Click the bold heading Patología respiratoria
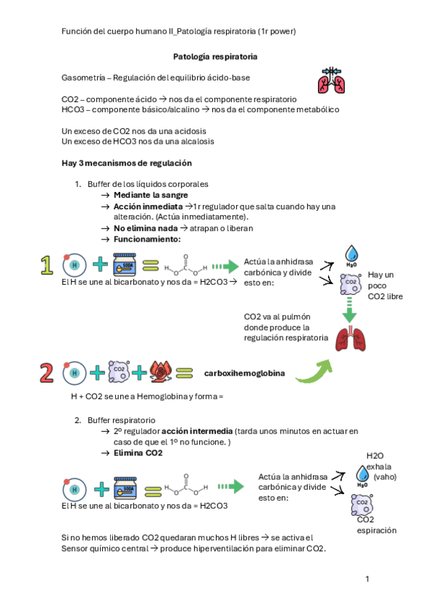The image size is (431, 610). tap(215, 57)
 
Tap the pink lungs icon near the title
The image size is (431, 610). tap(331, 80)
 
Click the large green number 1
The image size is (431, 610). tap(47, 265)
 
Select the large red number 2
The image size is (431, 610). tap(46, 373)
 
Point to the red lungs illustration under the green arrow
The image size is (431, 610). tap(350, 339)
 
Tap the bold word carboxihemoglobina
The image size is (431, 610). tap(245, 373)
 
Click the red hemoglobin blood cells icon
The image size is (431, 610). tap(160, 372)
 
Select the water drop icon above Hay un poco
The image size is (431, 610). tap(351, 255)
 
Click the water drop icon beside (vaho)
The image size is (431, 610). tap(363, 475)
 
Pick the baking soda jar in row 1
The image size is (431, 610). tap(124, 265)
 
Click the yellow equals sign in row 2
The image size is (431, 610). tap(184, 373)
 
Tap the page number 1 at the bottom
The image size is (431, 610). tap(367, 579)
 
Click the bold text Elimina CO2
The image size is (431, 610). tap(138, 453)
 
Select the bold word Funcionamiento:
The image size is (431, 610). tap(147, 240)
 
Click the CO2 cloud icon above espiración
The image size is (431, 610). tap(362, 504)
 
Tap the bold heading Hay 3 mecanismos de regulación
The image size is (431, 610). tap(127, 163)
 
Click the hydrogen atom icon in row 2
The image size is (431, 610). tap(74, 373)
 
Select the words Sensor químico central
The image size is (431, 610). tap(104, 549)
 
